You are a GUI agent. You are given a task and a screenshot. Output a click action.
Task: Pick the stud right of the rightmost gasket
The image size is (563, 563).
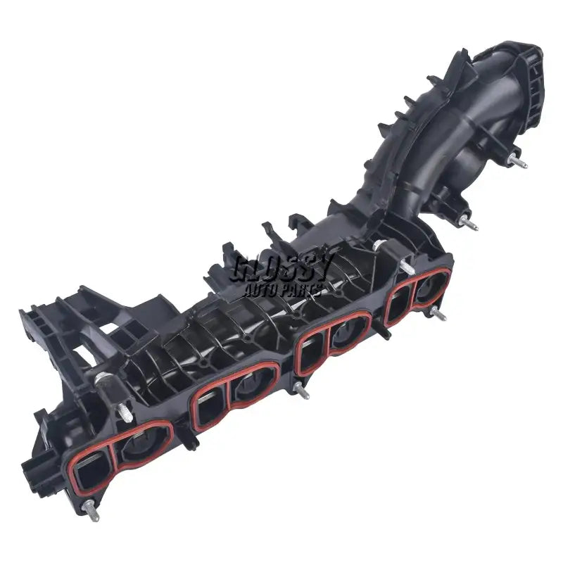[438, 314]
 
